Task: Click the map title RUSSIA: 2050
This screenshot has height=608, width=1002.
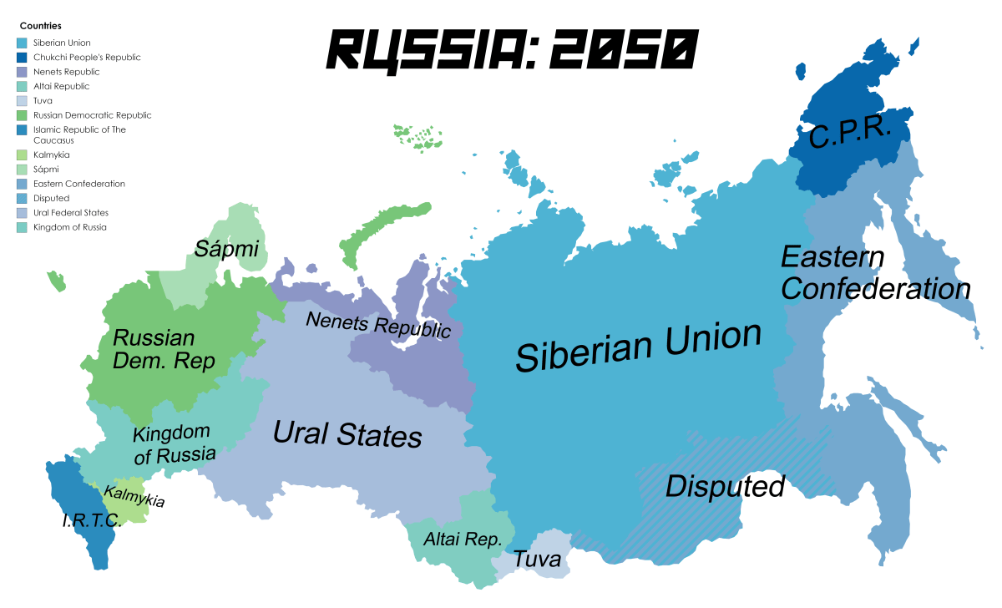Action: (x=510, y=50)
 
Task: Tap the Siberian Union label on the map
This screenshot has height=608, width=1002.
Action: (x=639, y=344)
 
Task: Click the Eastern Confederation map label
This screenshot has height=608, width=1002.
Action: (x=874, y=273)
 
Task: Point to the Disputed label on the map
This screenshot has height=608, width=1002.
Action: (x=725, y=486)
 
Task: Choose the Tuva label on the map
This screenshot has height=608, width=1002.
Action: (x=537, y=560)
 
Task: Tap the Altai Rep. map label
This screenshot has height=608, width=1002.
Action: (x=463, y=540)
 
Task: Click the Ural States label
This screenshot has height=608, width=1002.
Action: (x=347, y=434)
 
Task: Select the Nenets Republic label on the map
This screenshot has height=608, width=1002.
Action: (x=377, y=324)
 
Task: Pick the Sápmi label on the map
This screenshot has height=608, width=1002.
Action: (x=226, y=248)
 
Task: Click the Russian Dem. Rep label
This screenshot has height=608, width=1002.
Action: (x=164, y=349)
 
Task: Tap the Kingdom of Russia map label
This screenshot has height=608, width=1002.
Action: (x=173, y=443)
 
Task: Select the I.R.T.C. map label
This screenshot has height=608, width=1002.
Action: (x=92, y=520)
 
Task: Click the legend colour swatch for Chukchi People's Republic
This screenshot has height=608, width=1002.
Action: (x=22, y=58)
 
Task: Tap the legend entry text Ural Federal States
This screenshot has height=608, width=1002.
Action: (x=71, y=213)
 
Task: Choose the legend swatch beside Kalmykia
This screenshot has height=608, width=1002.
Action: (x=22, y=155)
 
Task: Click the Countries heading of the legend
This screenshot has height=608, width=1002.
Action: (x=40, y=26)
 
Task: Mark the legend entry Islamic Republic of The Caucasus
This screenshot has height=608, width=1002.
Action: (x=79, y=135)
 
